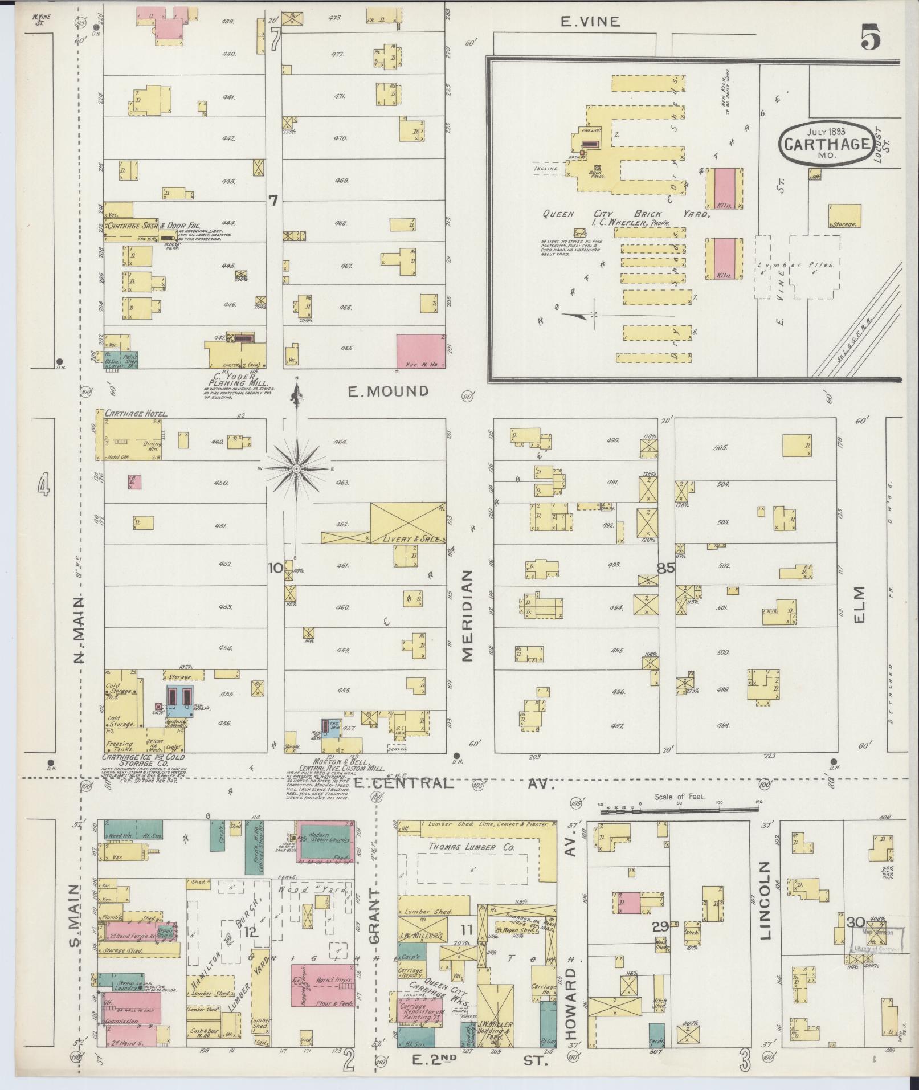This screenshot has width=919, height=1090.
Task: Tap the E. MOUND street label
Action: click(388, 391)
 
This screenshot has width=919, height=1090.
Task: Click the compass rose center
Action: click(296, 468)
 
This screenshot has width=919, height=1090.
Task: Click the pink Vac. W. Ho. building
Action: click(420, 351)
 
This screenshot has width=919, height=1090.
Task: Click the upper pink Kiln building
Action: click(725, 188)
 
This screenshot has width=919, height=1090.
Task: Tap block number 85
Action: click(665, 568)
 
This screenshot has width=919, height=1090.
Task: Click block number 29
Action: click(660, 927)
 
